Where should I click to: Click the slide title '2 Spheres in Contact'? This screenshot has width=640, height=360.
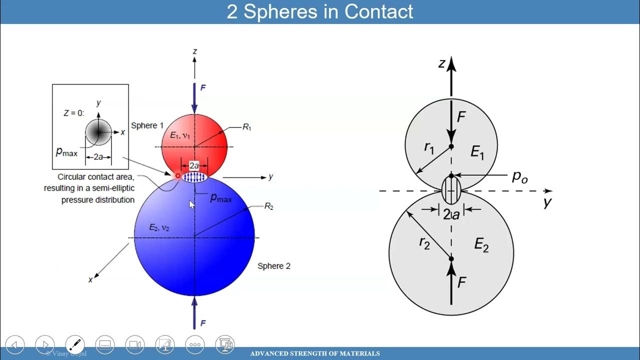click(x=320, y=11)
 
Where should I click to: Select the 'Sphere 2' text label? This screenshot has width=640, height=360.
click(x=273, y=266)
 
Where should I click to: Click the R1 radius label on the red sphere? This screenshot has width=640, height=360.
click(x=247, y=127)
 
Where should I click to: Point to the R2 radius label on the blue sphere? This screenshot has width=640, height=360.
click(x=268, y=206)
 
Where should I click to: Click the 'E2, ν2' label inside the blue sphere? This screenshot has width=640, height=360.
click(x=159, y=227)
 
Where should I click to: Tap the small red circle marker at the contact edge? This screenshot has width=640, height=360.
click(x=177, y=176)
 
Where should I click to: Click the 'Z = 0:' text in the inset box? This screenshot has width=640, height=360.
click(x=73, y=113)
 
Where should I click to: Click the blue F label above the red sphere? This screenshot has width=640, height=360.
click(x=203, y=88)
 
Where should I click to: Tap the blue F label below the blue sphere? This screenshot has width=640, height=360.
click(x=203, y=323)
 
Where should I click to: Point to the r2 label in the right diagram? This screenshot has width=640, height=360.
click(x=424, y=243)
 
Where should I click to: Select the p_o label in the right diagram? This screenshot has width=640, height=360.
click(x=520, y=176)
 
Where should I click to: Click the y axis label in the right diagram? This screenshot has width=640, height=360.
click(x=548, y=202)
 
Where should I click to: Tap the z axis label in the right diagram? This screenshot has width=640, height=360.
click(x=441, y=63)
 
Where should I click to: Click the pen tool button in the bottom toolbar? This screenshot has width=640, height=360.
click(x=75, y=344)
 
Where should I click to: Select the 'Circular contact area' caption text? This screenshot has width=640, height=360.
click(x=95, y=177)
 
